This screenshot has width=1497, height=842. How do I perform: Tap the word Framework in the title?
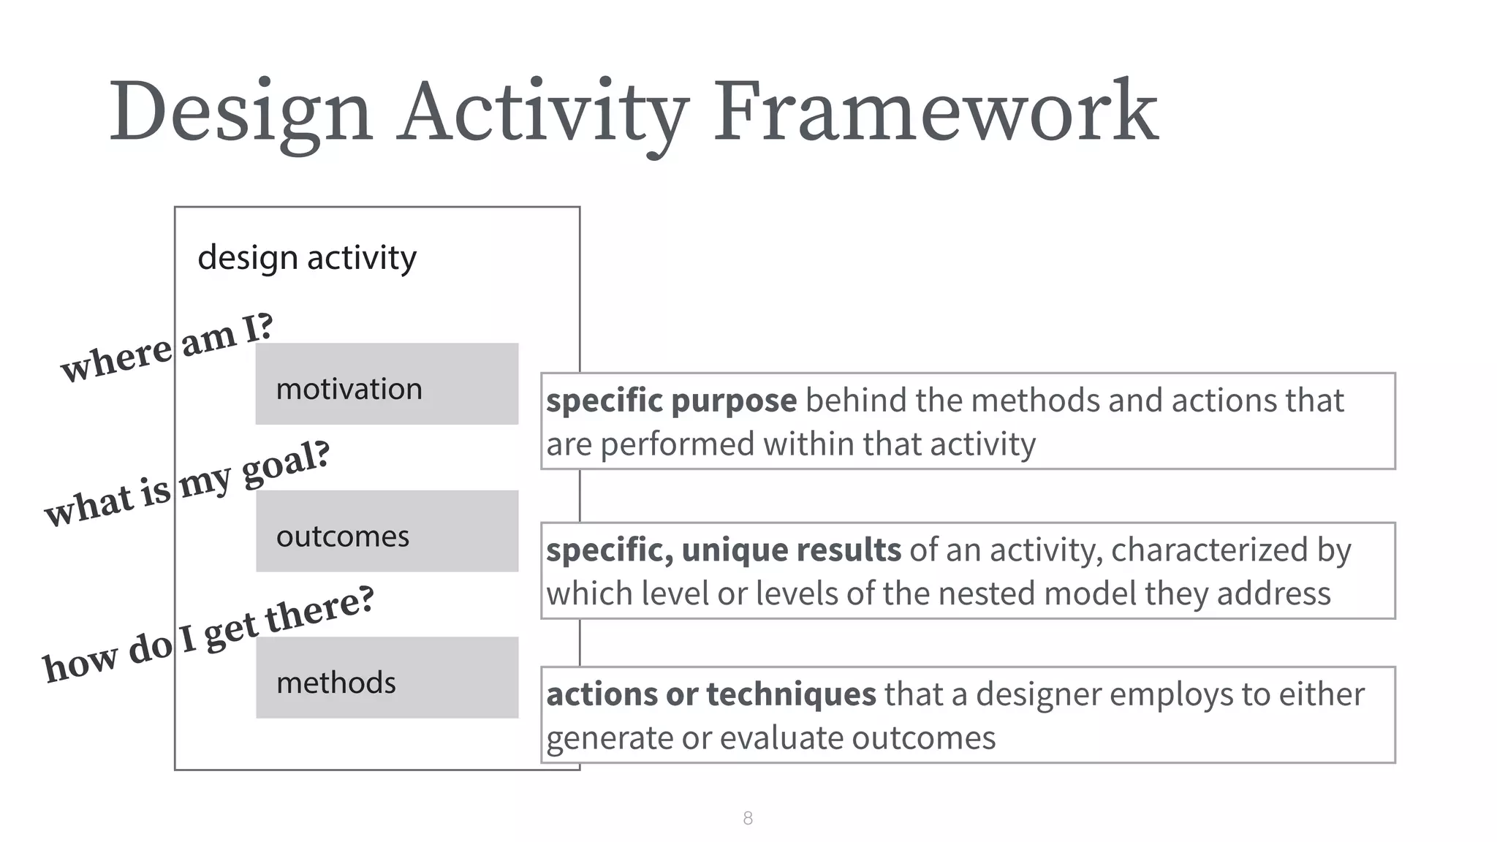pyautogui.click(x=936, y=112)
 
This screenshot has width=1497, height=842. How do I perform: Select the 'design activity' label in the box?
pyautogui.click(x=307, y=258)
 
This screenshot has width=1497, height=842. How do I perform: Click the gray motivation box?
pyautogui.click(x=387, y=384)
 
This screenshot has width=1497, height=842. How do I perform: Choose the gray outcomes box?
pyautogui.click(x=387, y=531)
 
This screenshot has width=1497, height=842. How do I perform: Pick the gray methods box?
pyautogui.click(x=387, y=678)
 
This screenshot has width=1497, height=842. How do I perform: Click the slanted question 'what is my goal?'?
pyautogui.click(x=187, y=483)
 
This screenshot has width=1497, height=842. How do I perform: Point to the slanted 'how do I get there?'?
pyautogui.click(x=208, y=634)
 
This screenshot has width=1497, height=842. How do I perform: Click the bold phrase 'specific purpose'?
pyautogui.click(x=671, y=401)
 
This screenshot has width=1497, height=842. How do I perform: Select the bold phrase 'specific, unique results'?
pyautogui.click(x=724, y=550)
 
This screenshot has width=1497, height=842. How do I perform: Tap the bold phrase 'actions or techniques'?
pyautogui.click(x=710, y=694)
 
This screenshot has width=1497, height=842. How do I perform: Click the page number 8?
pyautogui.click(x=748, y=818)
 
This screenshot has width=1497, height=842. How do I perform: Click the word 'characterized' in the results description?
pyautogui.click(x=1209, y=550)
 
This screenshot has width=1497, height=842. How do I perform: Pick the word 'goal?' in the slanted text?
pyautogui.click(x=286, y=464)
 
